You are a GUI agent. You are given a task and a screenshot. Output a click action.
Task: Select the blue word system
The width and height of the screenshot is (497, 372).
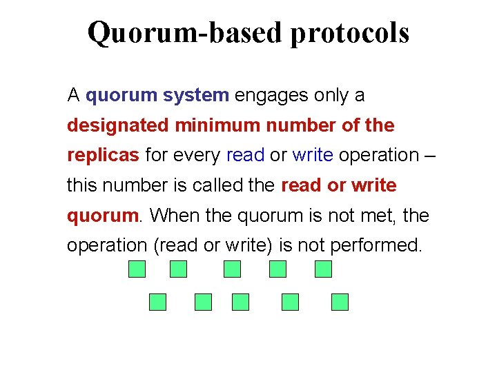196,95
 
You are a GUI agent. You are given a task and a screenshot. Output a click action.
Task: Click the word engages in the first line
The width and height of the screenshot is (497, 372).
271,96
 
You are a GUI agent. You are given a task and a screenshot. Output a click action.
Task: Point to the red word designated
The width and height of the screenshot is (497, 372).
117,126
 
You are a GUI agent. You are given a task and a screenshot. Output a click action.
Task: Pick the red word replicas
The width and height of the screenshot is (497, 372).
103,156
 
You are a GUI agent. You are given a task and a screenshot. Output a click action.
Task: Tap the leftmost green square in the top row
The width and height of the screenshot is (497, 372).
137,269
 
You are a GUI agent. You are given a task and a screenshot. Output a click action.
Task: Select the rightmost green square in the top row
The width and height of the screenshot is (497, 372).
323,269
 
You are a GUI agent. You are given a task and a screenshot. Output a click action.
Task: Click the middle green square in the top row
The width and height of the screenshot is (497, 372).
232,269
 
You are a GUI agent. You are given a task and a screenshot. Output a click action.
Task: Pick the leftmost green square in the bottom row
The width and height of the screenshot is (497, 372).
158,302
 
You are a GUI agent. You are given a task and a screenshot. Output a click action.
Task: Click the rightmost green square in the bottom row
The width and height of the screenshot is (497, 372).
340,302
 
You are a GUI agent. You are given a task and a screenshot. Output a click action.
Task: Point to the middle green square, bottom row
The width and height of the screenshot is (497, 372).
240,302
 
